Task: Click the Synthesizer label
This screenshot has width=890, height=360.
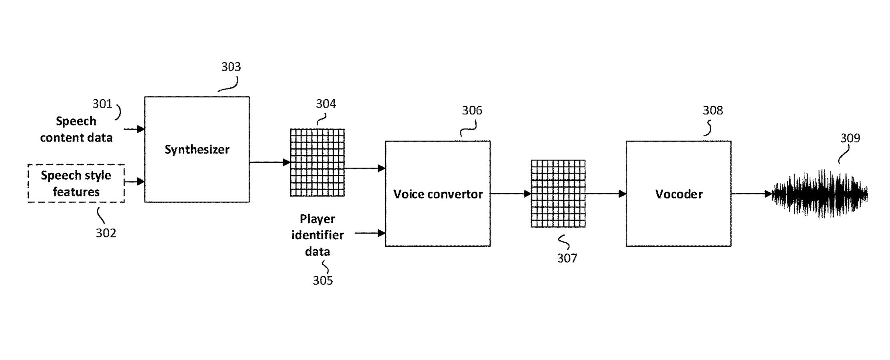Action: (x=197, y=150)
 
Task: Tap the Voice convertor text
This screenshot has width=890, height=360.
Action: (x=438, y=194)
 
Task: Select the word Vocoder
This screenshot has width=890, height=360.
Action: (x=678, y=194)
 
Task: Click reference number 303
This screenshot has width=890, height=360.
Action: (x=231, y=67)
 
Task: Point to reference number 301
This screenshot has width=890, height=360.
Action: (x=102, y=104)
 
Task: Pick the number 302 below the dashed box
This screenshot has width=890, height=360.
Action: (x=106, y=233)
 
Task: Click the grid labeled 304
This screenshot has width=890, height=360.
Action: (x=317, y=162)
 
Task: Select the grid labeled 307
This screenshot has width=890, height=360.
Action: (x=558, y=194)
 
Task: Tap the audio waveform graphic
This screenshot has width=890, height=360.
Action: (x=820, y=194)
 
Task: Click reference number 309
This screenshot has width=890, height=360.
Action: (x=850, y=138)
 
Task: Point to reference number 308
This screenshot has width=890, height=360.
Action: (x=713, y=110)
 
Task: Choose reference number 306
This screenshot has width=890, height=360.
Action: (x=472, y=110)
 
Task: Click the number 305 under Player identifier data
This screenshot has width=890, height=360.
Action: (x=323, y=281)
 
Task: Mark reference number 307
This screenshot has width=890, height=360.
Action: (x=567, y=258)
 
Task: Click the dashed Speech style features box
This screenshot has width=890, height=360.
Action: (x=76, y=184)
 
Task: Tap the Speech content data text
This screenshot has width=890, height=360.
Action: (x=76, y=130)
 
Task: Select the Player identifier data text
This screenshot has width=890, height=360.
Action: (x=317, y=235)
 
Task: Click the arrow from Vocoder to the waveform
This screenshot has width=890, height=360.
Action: (x=752, y=194)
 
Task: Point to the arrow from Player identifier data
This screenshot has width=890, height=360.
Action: (x=370, y=233)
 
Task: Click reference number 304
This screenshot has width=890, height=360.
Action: (x=326, y=104)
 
